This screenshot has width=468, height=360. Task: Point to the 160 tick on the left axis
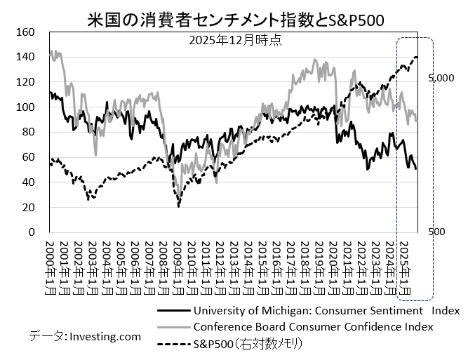[x=25, y=32]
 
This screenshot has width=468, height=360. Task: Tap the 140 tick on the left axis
[x=25, y=57]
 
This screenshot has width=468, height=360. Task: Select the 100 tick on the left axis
[x=25, y=107]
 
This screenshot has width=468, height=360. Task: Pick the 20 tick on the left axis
[x=27, y=207]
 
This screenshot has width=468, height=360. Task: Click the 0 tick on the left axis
[x=30, y=232]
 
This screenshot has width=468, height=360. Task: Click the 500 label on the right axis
[x=436, y=232]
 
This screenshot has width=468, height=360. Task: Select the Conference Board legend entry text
[x=313, y=326]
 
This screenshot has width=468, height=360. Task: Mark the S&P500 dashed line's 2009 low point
[x=178, y=206]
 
